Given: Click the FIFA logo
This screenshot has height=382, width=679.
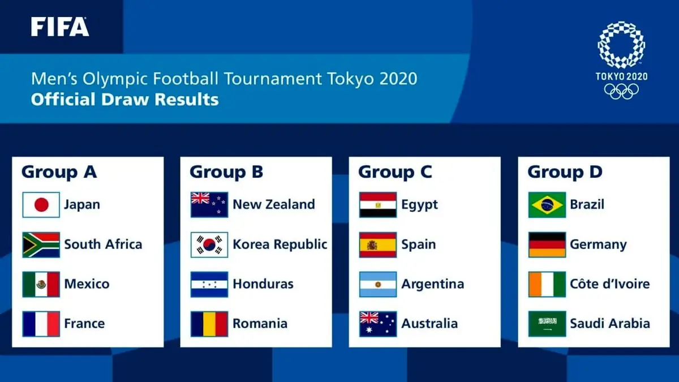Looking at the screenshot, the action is pyautogui.click(x=60, y=27).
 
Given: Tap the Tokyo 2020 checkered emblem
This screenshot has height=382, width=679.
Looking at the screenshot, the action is pyautogui.click(x=621, y=45).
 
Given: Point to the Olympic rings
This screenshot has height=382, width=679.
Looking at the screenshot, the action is pyautogui.click(x=621, y=91).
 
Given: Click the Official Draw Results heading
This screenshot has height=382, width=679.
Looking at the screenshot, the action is pyautogui.click(x=124, y=100).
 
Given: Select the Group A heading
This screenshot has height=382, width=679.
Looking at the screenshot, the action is pyautogui.click(x=59, y=172).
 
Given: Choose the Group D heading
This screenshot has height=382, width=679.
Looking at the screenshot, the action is pyautogui.click(x=565, y=172).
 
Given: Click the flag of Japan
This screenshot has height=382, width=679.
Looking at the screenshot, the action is pyautogui.click(x=41, y=205).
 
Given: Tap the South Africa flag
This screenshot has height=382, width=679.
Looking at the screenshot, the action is pyautogui.click(x=41, y=244).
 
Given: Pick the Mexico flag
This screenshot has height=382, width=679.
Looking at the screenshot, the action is pyautogui.click(x=41, y=284).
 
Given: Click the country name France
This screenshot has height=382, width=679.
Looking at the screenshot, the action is pyautogui.click(x=84, y=324).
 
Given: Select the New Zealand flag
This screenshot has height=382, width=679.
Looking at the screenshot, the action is pyautogui.click(x=209, y=205).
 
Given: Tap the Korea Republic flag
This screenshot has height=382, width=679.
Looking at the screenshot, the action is pyautogui.click(x=209, y=244).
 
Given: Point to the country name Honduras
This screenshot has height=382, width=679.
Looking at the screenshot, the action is pyautogui.click(x=263, y=284).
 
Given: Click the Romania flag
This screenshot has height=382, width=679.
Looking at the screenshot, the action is pyautogui.click(x=209, y=324).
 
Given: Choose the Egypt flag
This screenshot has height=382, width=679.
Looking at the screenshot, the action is pyautogui.click(x=378, y=205).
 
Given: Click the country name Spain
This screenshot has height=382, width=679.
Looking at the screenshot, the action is pyautogui.click(x=419, y=244).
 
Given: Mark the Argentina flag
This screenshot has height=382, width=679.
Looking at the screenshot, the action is pyautogui.click(x=378, y=284).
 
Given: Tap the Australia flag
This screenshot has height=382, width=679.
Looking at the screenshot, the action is pyautogui.click(x=378, y=324).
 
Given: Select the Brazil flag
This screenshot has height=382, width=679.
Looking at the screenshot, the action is pyautogui.click(x=547, y=205).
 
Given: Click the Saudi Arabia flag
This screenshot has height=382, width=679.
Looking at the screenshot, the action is pyautogui.click(x=547, y=324).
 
